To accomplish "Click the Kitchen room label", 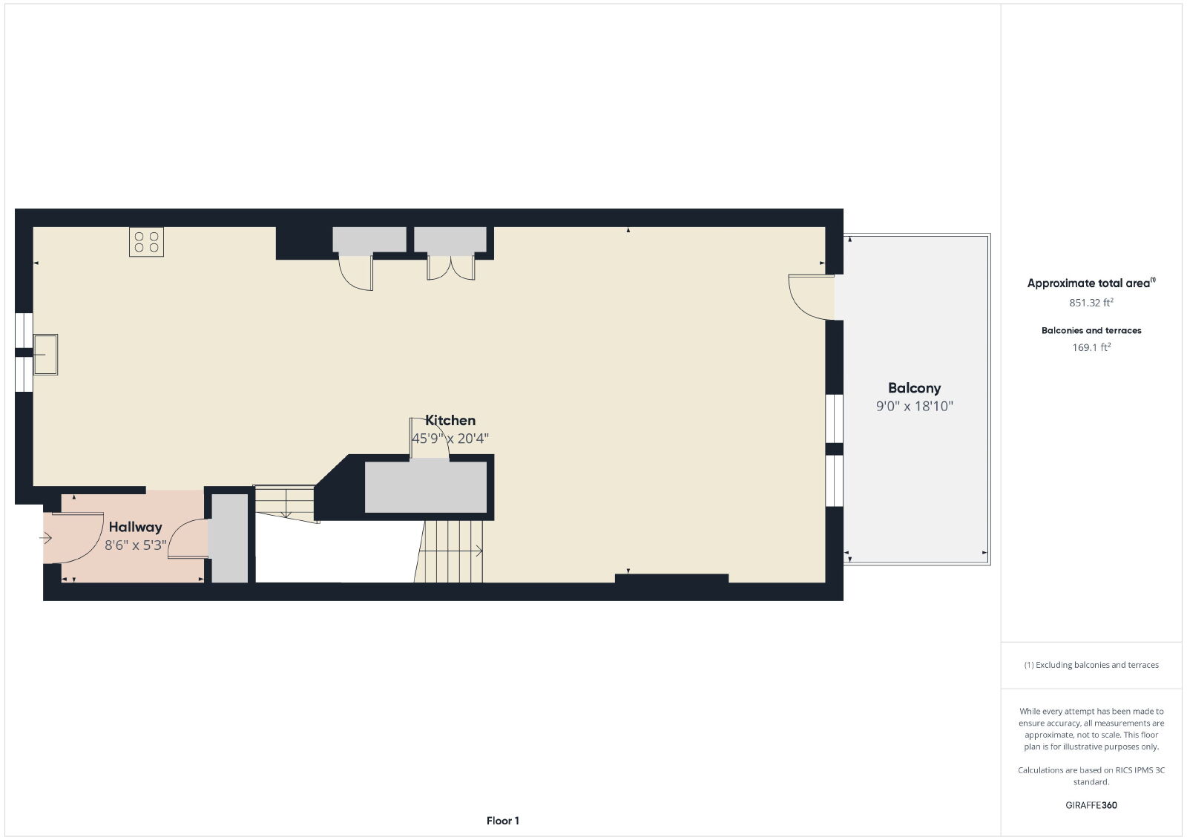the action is coord(450,420).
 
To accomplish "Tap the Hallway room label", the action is coord(135,527).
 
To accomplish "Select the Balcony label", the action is coord(914,388).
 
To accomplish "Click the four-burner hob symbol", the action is coord(146,242).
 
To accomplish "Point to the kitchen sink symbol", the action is coord(45,355).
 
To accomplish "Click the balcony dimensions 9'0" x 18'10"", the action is coord(914,406).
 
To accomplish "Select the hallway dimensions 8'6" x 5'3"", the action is coord(135,545).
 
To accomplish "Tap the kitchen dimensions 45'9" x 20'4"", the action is coord(450,439).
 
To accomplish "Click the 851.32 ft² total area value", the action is coord(1091,303).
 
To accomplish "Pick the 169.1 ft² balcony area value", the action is coord(1091,347).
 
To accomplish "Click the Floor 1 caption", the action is coord(502,821).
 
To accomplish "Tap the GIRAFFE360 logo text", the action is coord(1091,805).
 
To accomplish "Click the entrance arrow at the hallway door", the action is coord(45,539).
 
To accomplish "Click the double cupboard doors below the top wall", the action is coord(451,268).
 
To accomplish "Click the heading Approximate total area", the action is coord(1091,283).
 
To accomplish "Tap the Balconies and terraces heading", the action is coord(1091,330).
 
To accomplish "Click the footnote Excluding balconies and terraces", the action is coord(1091,665).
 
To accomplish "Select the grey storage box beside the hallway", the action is coord(229,539).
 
